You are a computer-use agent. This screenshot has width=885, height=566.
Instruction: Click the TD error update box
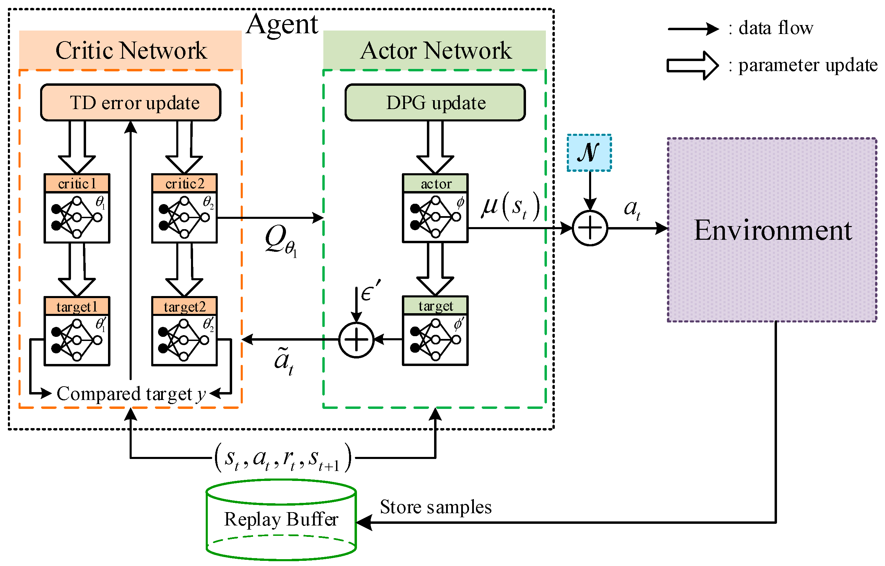[x=131, y=103]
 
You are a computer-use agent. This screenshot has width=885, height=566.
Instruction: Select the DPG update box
[x=435, y=103]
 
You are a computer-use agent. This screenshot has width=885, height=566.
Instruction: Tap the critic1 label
[x=77, y=184]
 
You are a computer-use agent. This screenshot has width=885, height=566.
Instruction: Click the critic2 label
[x=184, y=184]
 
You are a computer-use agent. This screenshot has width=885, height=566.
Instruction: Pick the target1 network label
[x=77, y=306]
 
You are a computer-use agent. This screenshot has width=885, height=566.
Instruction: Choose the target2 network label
[x=184, y=306]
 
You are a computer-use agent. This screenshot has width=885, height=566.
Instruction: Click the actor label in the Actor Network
[x=435, y=184]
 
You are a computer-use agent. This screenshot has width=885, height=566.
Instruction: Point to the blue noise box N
[x=589, y=153]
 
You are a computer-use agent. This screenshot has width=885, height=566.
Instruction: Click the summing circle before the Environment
[x=590, y=228]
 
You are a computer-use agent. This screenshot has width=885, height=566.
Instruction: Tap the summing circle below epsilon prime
[x=356, y=340]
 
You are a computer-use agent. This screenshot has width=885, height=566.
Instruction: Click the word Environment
[x=773, y=231]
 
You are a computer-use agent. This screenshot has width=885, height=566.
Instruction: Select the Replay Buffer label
[x=281, y=519]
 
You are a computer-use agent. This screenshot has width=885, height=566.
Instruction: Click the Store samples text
[x=435, y=507]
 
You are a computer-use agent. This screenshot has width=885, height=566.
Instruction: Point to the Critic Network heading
[x=131, y=50]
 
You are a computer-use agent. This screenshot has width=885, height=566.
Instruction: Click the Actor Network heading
[x=435, y=50]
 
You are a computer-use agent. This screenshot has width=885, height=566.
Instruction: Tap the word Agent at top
[x=282, y=24]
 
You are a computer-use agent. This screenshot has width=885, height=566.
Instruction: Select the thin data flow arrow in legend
[x=693, y=29]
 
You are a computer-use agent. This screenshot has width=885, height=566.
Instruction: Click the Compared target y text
[x=131, y=394]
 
